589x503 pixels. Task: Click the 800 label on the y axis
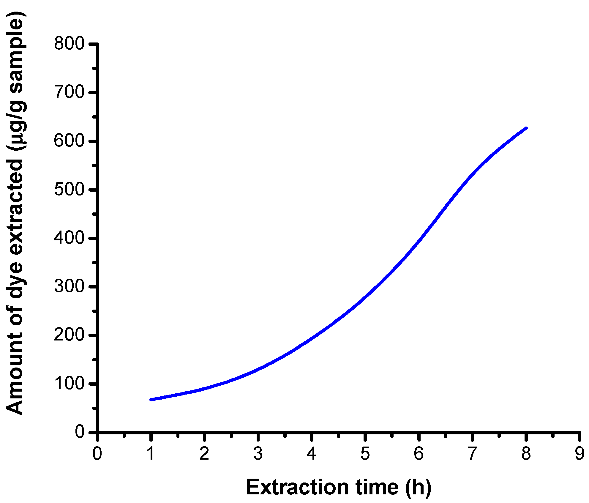69,44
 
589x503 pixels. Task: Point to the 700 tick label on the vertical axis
69,92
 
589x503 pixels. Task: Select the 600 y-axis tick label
69,141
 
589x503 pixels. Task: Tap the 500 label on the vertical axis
69,189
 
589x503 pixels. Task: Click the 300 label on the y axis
69,286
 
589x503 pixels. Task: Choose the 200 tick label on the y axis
69,335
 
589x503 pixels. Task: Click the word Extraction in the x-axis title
297,488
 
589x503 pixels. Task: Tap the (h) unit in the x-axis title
419,488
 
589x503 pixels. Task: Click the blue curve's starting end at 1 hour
151,400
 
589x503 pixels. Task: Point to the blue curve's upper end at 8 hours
526,128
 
